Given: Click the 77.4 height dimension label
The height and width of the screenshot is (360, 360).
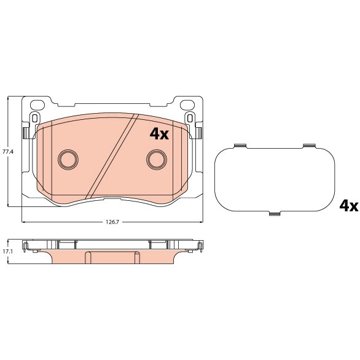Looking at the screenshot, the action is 5,151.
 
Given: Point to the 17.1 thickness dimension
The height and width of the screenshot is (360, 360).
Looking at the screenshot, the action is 5,252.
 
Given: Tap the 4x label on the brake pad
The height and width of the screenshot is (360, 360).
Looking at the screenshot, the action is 159,134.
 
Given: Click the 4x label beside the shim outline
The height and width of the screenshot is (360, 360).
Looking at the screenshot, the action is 349,206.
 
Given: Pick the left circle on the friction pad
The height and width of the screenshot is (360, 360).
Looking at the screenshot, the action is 68,159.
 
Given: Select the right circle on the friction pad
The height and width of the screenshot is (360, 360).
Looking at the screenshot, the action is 156,159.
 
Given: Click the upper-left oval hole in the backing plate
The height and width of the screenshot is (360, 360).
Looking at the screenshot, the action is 37,105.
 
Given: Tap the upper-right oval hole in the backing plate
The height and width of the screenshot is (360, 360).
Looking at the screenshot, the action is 187,105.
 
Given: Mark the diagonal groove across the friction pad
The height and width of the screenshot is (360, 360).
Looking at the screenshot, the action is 112,156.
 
